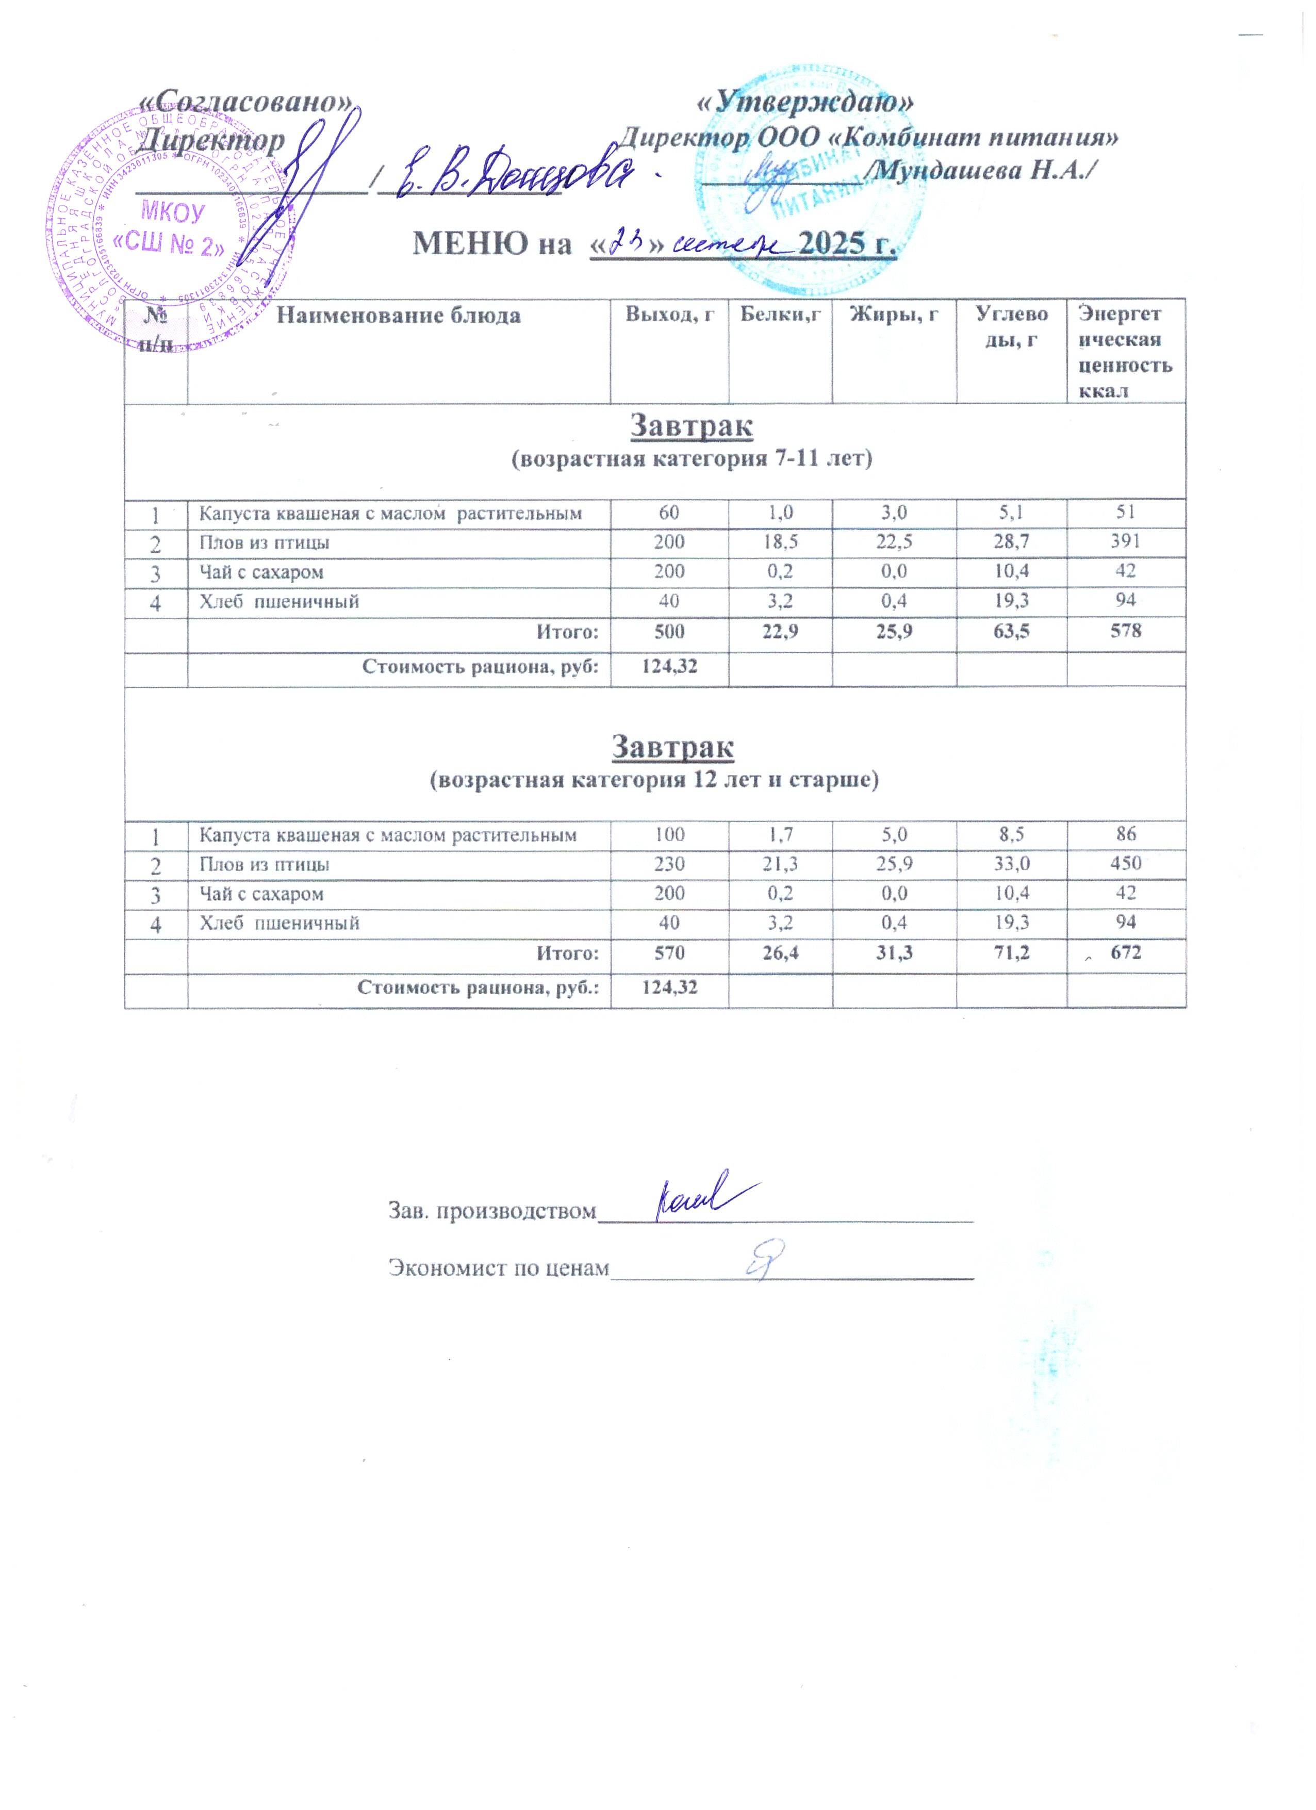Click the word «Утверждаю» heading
coord(804,102)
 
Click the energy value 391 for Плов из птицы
coord(1125,542)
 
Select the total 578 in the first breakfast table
coord(1125,631)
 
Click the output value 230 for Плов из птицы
coord(669,864)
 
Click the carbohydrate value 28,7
coord(1011,542)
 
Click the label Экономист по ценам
coord(498,1268)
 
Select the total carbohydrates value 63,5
coord(1011,631)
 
